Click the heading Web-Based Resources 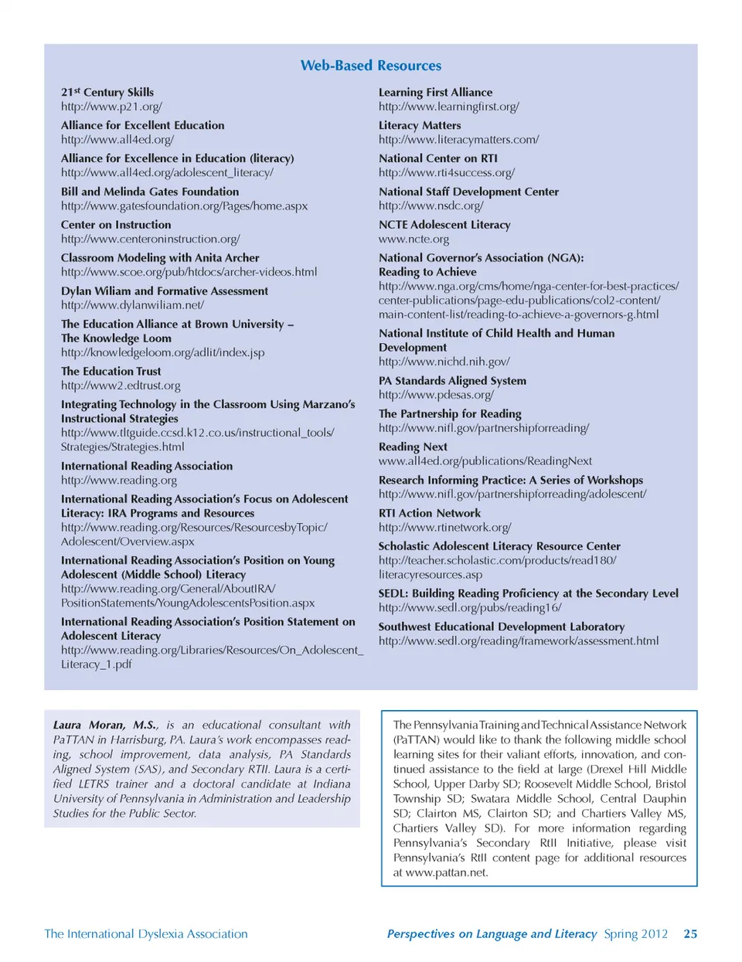[x=371, y=66]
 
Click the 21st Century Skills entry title [x=107, y=92]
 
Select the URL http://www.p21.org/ [x=111, y=107]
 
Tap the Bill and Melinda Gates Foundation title [x=150, y=192]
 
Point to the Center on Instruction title [x=116, y=225]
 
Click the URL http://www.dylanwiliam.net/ [x=132, y=305]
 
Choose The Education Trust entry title [x=111, y=372]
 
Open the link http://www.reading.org [x=119, y=481]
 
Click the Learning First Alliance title [x=435, y=92]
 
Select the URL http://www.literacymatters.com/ [x=458, y=140]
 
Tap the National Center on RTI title [x=438, y=158]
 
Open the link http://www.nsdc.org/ [x=431, y=206]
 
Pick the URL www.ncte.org [x=414, y=240]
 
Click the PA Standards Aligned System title [x=452, y=381]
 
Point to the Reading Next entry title [x=413, y=447]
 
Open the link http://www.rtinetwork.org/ [x=444, y=528]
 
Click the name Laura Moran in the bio [x=89, y=726]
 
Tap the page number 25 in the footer [x=690, y=934]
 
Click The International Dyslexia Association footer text [x=146, y=934]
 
